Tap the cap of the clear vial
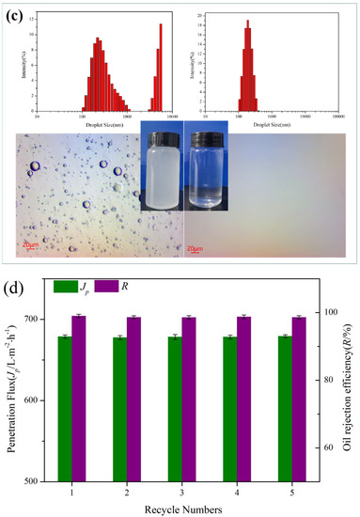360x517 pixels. tap(203, 133)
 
